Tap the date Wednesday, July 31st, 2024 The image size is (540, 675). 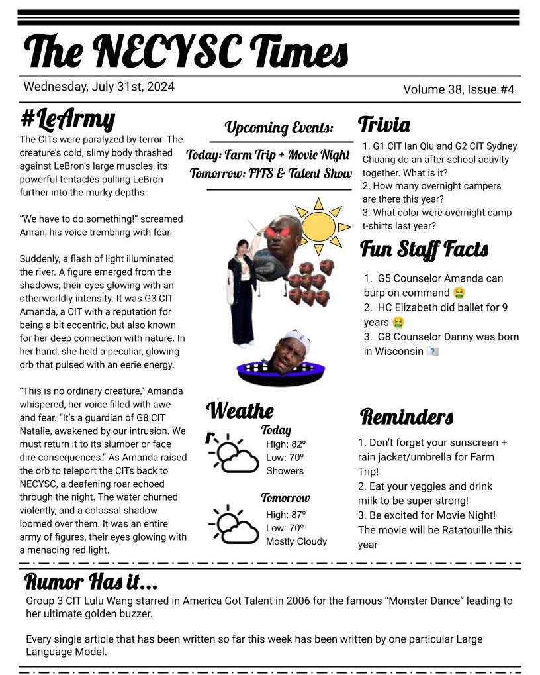[x=99, y=87]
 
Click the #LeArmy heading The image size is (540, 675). [x=68, y=119]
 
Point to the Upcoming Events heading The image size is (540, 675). [x=279, y=127]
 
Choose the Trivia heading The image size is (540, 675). [x=384, y=125]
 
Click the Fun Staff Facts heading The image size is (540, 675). [x=424, y=250]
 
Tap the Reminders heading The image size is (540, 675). [x=406, y=417]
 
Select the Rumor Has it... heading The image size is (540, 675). [x=91, y=582]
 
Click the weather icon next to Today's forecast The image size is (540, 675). [x=232, y=453]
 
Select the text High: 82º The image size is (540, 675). [x=286, y=444]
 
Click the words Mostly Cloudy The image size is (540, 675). [x=296, y=541]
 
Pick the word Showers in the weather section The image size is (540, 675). [x=285, y=471]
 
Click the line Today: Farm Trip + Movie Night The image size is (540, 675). [x=268, y=155]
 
